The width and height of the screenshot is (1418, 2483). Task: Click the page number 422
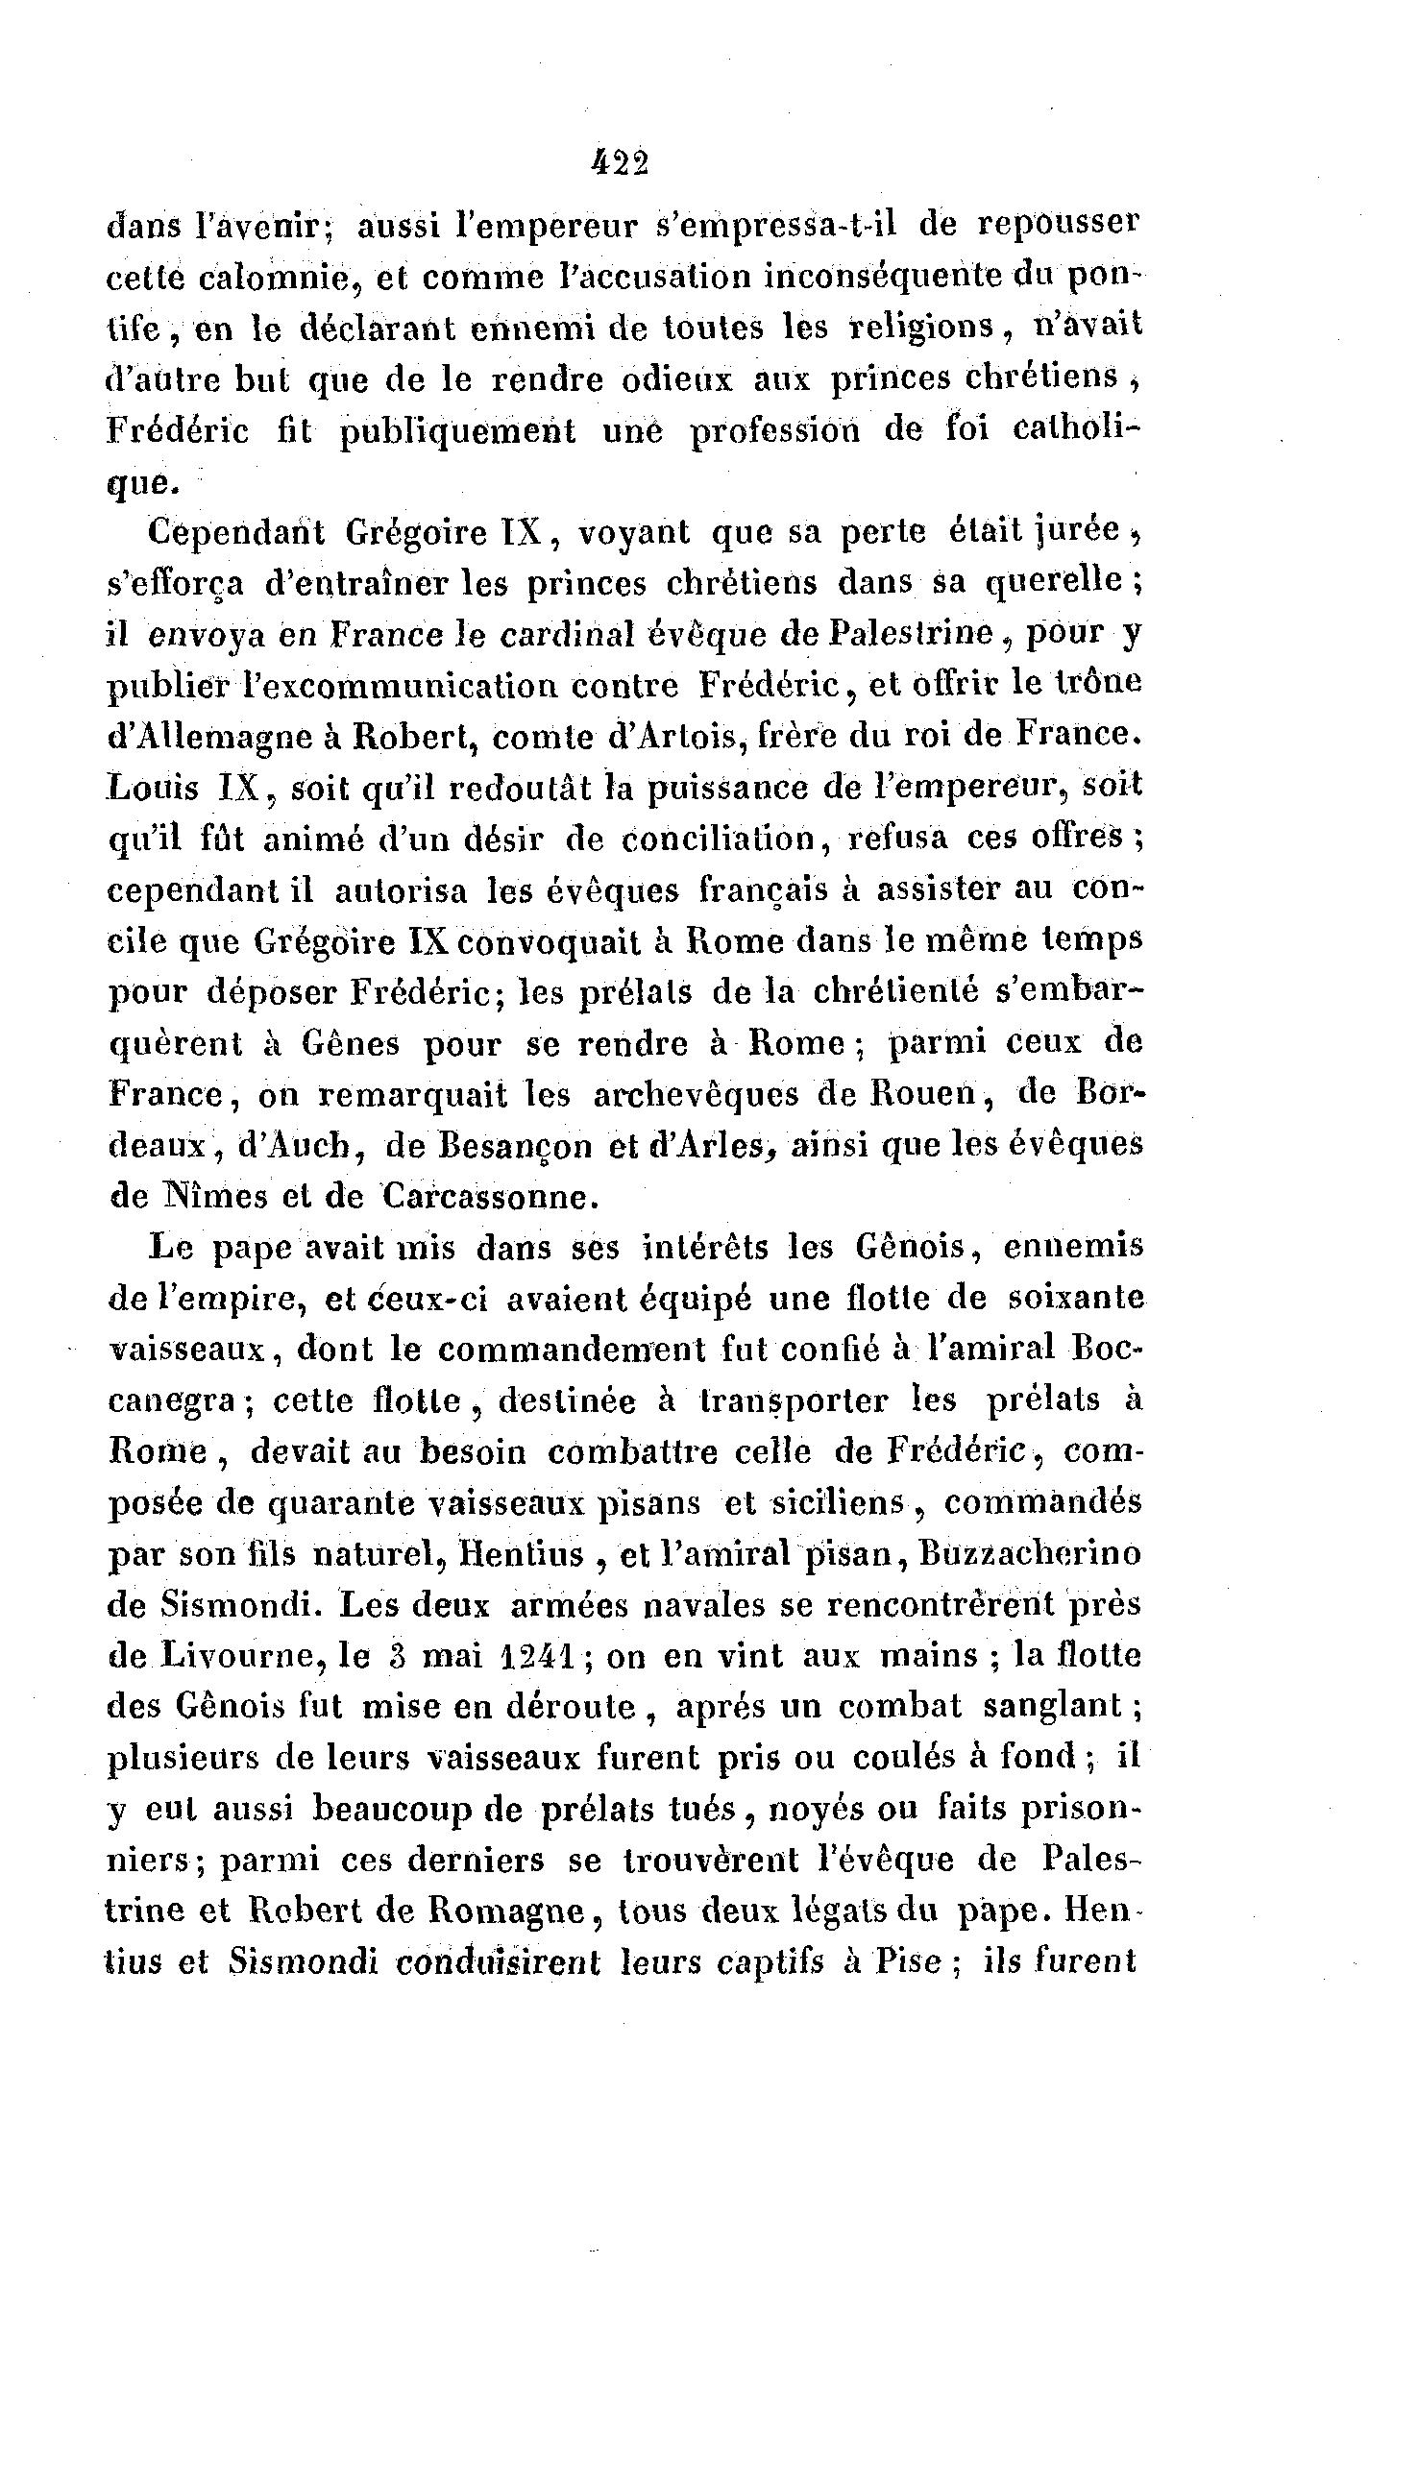620,163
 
